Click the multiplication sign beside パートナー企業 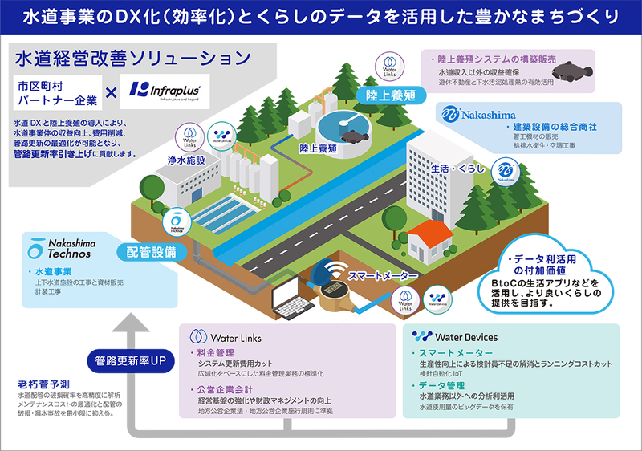point(113,92)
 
